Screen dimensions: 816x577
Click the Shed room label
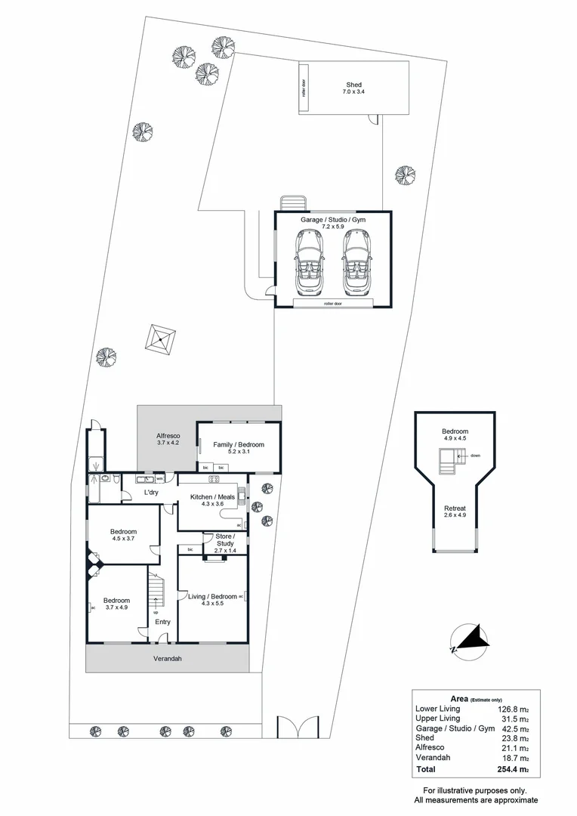click(353, 85)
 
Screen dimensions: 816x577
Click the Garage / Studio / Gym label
click(333, 219)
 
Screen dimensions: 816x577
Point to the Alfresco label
click(166, 436)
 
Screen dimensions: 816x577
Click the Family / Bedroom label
click(239, 445)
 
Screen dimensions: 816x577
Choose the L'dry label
click(150, 493)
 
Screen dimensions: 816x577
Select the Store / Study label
click(226, 539)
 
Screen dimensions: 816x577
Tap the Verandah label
click(168, 659)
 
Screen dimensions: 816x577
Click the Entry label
click(162, 622)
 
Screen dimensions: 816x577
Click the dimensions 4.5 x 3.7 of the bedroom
click(123, 539)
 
